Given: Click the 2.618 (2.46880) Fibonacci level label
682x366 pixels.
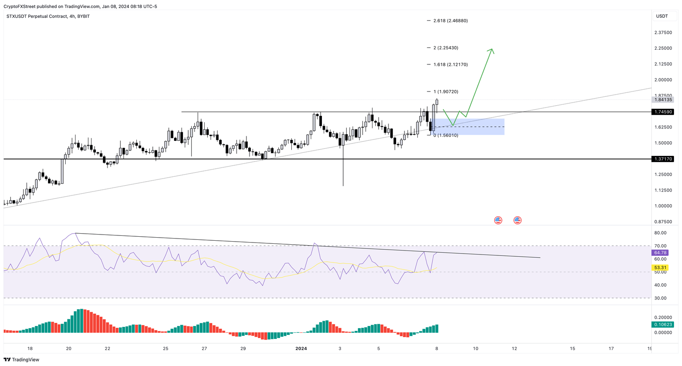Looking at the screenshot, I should [450, 20].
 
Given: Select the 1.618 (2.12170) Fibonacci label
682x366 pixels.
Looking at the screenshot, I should [450, 64].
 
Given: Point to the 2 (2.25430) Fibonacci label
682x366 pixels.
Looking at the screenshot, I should [446, 48].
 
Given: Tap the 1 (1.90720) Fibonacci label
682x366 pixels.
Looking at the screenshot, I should [446, 91].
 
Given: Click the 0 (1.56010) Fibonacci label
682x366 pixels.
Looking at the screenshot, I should [446, 135].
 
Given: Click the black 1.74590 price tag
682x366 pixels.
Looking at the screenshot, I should [662, 112].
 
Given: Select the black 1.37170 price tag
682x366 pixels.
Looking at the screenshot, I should [662, 159].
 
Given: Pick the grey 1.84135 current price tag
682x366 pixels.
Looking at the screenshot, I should [662, 99].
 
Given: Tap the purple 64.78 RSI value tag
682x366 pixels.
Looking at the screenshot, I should [660, 252].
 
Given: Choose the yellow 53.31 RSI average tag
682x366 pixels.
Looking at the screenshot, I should [660, 267].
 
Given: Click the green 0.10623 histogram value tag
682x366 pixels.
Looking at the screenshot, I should [662, 324].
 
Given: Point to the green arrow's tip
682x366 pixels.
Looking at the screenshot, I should [492, 49].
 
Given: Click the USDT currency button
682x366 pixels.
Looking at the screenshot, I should [662, 16].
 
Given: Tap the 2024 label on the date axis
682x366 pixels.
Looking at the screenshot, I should [301, 349].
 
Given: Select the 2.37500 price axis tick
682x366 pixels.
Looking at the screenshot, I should [663, 32].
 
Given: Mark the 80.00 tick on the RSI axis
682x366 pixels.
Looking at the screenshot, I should [660, 233].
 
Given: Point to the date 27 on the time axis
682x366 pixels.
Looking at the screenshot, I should [204, 349].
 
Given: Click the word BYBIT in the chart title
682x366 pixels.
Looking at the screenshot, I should [83, 16].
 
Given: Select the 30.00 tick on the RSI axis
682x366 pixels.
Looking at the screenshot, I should [660, 298].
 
